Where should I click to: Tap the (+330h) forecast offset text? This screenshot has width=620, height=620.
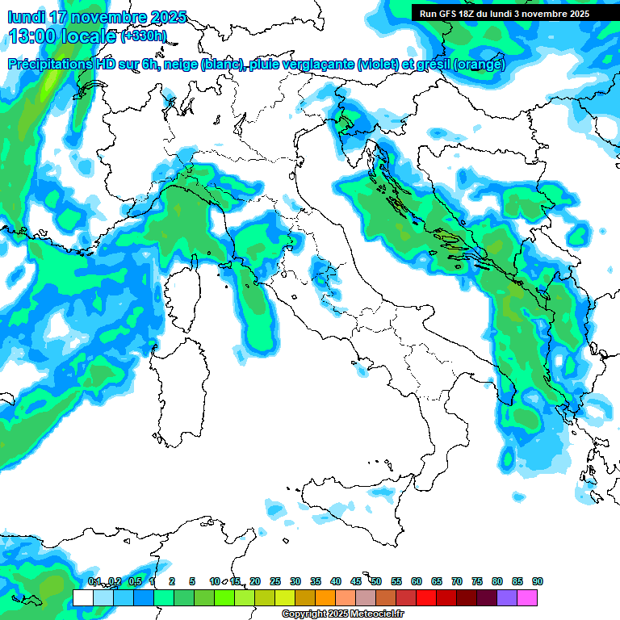144,36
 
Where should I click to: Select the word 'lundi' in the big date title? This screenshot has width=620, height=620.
26,17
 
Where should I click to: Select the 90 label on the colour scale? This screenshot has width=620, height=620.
538,581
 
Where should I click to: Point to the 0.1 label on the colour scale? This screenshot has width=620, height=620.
94,581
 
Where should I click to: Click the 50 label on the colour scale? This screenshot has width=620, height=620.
376,581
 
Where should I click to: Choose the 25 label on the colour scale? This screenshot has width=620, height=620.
275,581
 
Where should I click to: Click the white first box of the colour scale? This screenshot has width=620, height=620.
83,597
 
